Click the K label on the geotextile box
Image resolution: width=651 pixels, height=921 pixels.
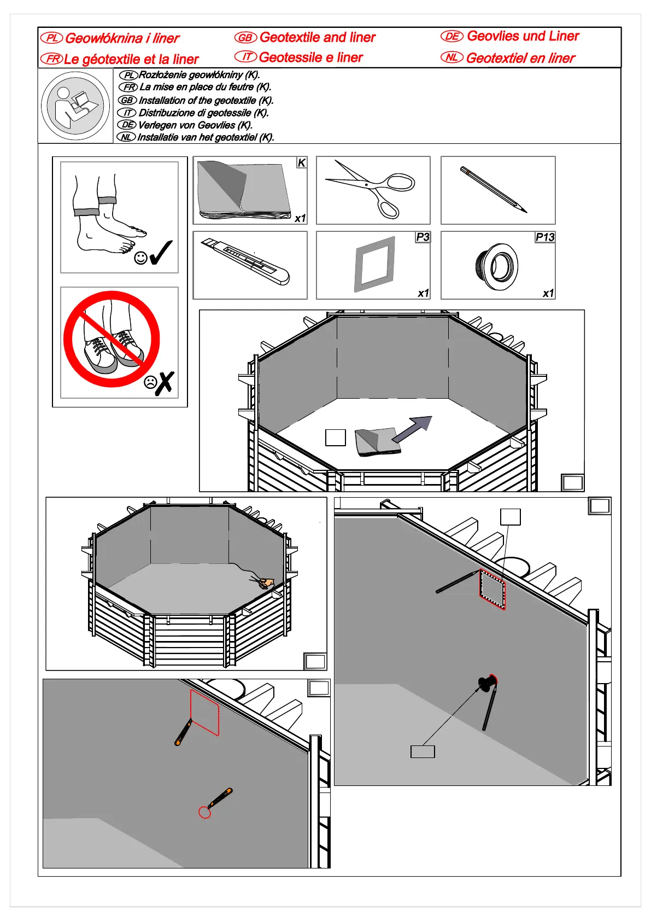(301, 163)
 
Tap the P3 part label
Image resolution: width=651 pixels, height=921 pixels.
(423, 237)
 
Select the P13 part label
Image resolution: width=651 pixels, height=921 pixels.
(545, 237)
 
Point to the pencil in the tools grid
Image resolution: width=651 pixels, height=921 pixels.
(494, 190)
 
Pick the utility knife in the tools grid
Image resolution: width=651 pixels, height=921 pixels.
(246, 261)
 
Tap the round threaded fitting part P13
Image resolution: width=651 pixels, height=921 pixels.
(496, 266)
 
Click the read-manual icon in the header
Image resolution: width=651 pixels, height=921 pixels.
(75, 106)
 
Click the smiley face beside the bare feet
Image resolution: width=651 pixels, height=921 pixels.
(140, 258)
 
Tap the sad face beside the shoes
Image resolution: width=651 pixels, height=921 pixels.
(150, 382)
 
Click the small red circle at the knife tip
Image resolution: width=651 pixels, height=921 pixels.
(204, 813)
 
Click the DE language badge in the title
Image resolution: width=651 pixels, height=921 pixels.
(452, 37)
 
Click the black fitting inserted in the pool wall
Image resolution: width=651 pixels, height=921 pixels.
(486, 683)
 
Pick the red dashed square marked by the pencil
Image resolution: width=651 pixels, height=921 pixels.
(492, 589)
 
